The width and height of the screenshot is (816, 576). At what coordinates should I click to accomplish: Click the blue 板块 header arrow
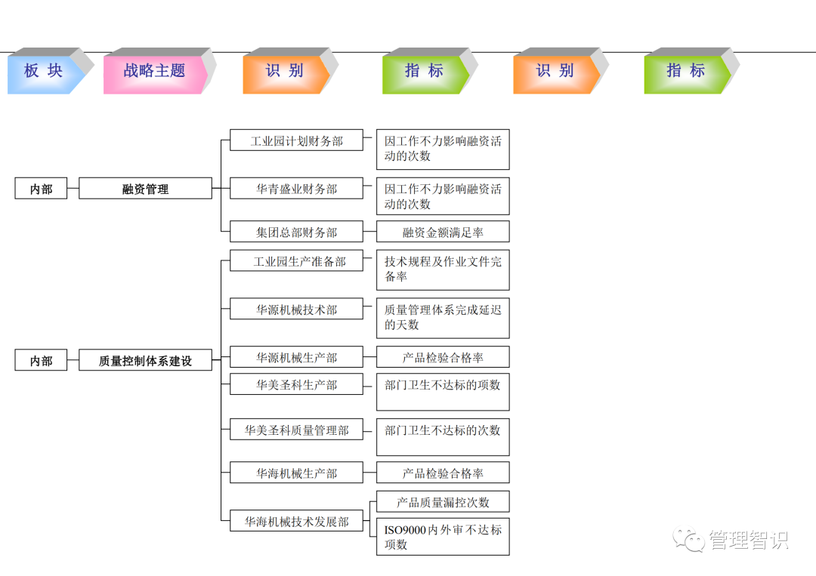pos(43,71)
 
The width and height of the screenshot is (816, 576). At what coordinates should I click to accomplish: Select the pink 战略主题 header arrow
pos(154,71)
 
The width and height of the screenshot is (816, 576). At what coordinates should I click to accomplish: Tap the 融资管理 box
pos(145,189)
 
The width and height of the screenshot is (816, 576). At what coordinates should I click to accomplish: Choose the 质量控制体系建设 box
pos(145,361)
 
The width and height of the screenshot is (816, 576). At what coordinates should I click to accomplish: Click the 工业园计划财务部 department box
pos(296,141)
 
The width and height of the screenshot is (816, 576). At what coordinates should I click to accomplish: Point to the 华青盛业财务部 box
pos(296,189)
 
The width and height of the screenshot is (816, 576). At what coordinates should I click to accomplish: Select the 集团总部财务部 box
pos(296,233)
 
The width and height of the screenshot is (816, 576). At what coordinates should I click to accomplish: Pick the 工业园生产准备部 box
pos(296,262)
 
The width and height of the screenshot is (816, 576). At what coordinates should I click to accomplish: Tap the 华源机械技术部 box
pos(296,310)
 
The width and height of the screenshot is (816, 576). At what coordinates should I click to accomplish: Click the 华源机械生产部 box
pos(296,357)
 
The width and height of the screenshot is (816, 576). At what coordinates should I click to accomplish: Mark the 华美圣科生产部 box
pos(296,385)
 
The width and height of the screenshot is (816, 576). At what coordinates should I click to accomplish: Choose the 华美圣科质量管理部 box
pos(296,430)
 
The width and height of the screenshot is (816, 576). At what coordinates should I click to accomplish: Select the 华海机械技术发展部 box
pos(296,522)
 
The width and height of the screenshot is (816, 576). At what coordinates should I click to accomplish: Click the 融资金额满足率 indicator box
pos(443,233)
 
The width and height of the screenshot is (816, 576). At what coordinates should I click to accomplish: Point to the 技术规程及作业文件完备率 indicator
pos(443,270)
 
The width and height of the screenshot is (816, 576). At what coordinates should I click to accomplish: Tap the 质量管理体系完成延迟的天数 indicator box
pos(443,317)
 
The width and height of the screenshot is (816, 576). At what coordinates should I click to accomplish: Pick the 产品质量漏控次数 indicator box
pos(443,502)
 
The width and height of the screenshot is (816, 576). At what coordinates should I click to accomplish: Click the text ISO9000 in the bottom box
pos(405,530)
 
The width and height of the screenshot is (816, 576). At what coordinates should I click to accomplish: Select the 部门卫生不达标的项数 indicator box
pos(443,391)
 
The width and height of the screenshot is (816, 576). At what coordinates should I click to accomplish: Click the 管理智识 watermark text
pos(748,541)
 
